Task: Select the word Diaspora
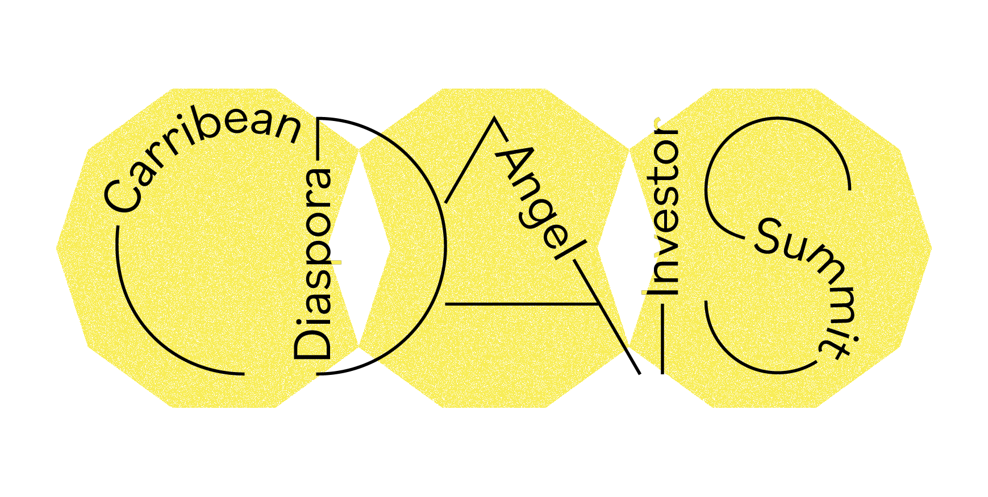click(x=312, y=264)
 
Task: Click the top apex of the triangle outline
click(x=494, y=119)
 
